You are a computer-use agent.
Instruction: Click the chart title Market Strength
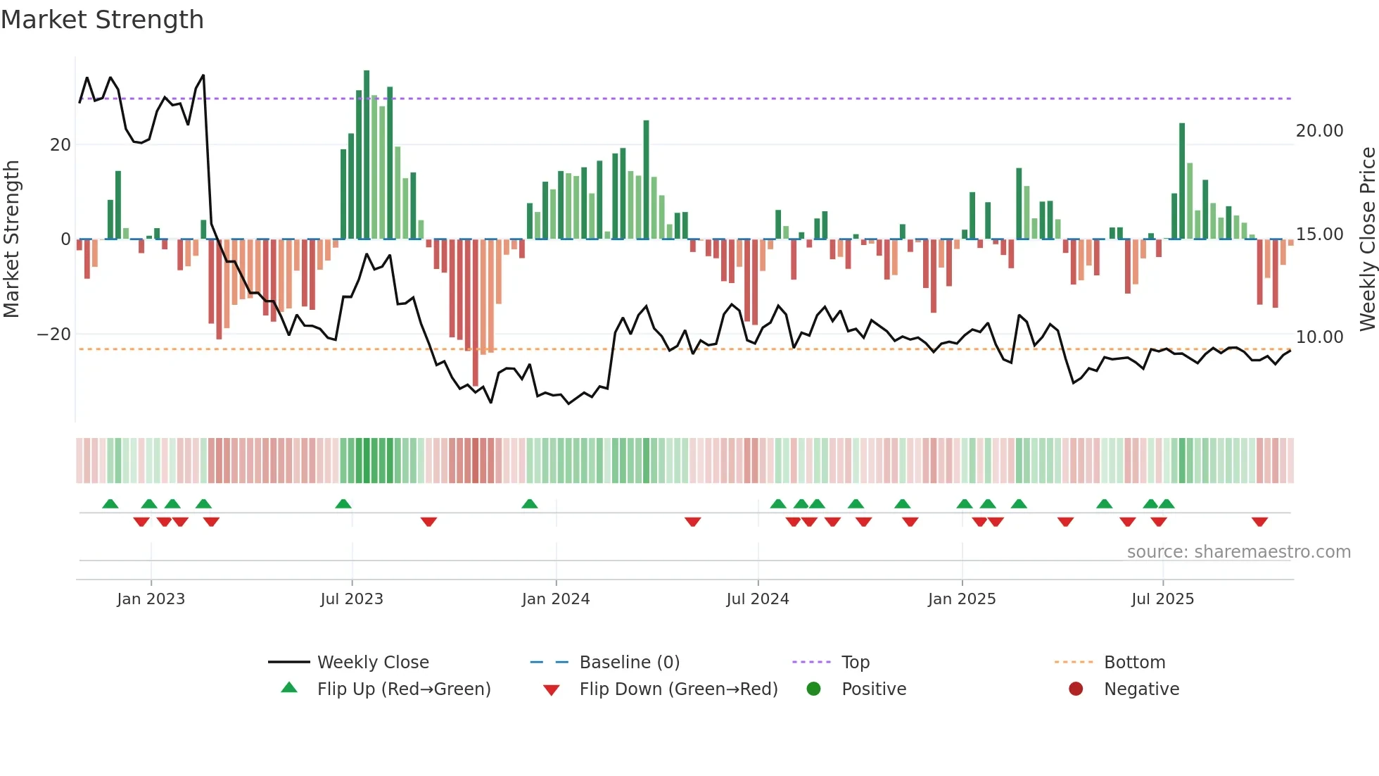102,20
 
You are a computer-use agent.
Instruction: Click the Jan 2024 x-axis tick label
556,599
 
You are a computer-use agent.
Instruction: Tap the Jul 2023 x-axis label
352,599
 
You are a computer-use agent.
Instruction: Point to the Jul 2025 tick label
1162,599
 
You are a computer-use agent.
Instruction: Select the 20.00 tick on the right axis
1319,131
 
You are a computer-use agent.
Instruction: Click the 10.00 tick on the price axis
1319,337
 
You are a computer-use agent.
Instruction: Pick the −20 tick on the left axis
54,334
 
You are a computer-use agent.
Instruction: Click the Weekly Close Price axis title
1367,239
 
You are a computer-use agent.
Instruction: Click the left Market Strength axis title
11,239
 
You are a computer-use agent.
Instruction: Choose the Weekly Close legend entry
372,663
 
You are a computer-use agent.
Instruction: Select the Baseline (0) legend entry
629,663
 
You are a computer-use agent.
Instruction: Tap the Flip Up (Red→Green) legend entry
403,689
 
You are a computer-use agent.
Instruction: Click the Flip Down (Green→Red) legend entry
678,689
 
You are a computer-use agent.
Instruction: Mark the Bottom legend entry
1134,663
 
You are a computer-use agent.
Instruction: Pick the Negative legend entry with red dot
1140,689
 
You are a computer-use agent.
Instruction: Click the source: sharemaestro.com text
1238,552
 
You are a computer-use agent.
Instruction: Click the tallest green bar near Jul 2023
367,155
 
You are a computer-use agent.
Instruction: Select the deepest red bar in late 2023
476,313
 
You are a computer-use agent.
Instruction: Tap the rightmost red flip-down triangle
1259,522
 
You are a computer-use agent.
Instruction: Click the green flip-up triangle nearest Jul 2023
343,503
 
